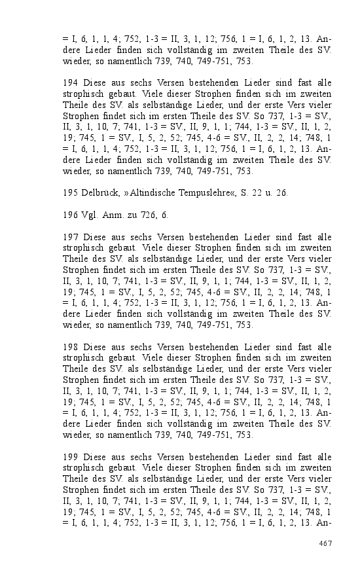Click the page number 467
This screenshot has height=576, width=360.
[325, 543]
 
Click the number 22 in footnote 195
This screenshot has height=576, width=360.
[261, 192]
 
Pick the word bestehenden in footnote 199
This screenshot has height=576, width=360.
[221, 456]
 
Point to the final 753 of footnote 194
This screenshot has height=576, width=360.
[243, 171]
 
